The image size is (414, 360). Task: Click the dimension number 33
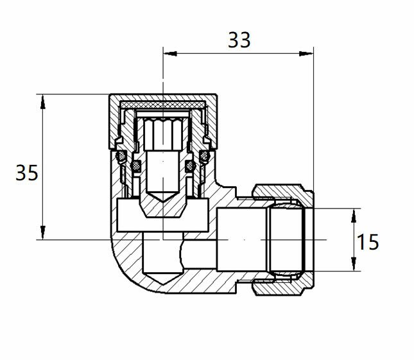239,40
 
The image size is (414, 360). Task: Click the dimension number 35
27,173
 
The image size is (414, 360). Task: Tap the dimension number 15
368,242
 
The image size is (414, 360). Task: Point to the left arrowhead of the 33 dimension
170,54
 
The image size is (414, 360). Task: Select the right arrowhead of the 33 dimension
306,54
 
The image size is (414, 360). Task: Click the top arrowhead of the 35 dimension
43,101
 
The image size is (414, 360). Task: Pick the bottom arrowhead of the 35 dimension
43,232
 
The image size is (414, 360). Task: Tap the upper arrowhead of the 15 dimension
354,216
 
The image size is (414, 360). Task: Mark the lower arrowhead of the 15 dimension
354,264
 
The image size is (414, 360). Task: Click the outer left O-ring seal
121,156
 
